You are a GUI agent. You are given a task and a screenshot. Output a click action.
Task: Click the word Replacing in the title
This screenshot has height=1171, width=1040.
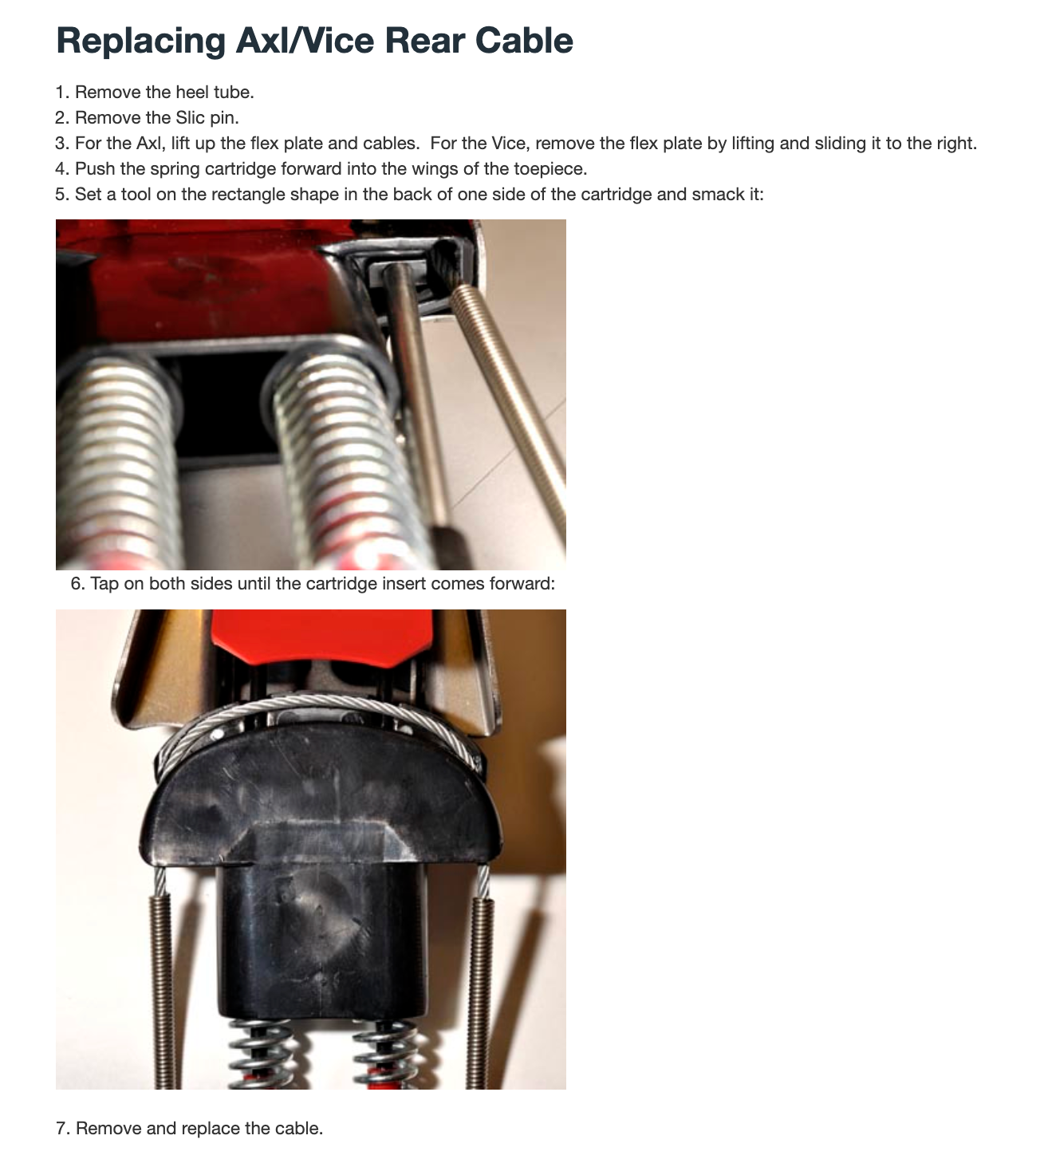click(x=141, y=41)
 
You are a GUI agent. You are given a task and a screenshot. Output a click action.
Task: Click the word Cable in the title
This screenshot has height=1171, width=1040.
click(x=524, y=41)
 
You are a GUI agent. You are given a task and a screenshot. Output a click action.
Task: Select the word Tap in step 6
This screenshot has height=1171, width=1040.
click(x=104, y=583)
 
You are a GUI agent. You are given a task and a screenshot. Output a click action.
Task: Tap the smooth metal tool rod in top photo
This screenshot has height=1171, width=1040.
click(x=416, y=393)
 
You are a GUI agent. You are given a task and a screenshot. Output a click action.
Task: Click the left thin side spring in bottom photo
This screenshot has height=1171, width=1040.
click(x=163, y=983)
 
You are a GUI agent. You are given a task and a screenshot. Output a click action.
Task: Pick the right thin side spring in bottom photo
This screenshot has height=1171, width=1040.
click(x=480, y=983)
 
